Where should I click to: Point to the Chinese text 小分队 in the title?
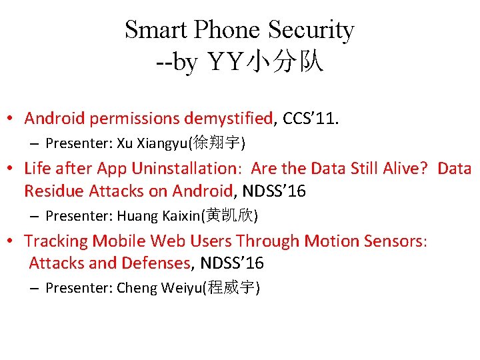coord(285,62)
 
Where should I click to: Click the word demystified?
coord(229,119)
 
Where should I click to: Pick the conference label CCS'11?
coord(311,119)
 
